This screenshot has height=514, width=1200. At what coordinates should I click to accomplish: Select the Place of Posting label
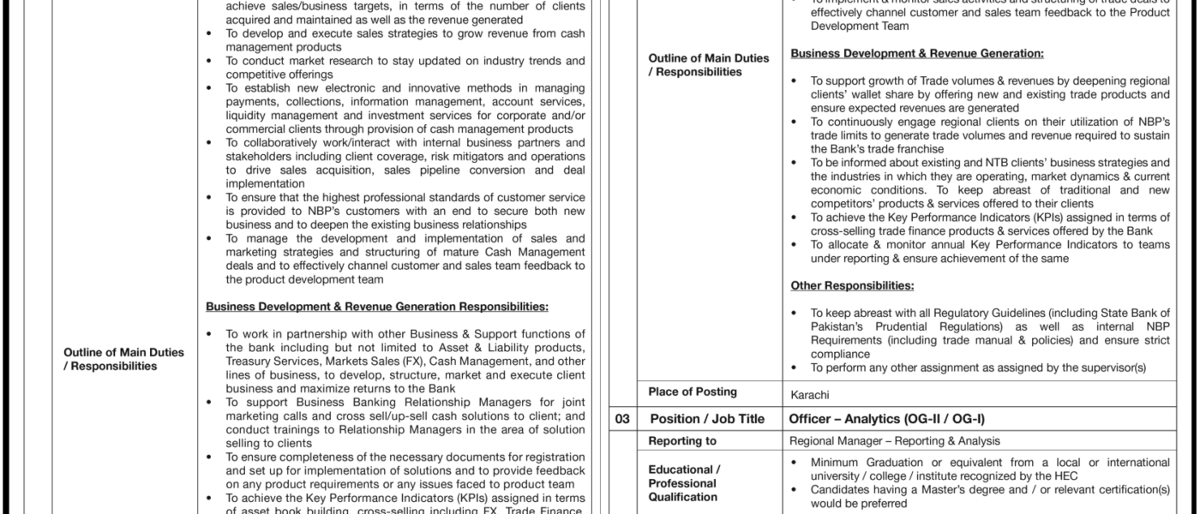tap(693, 392)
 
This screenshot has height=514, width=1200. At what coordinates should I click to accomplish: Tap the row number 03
tap(623, 419)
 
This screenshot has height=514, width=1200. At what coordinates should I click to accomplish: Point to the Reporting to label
tap(682, 441)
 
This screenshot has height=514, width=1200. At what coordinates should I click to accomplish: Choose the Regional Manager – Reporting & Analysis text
tap(894, 441)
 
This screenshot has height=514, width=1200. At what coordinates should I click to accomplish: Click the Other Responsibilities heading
tap(851, 285)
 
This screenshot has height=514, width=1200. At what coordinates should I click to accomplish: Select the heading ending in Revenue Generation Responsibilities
tap(377, 306)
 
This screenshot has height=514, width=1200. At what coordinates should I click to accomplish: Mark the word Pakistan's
tap(839, 327)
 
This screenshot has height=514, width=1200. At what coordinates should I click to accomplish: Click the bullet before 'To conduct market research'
tap(211, 61)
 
